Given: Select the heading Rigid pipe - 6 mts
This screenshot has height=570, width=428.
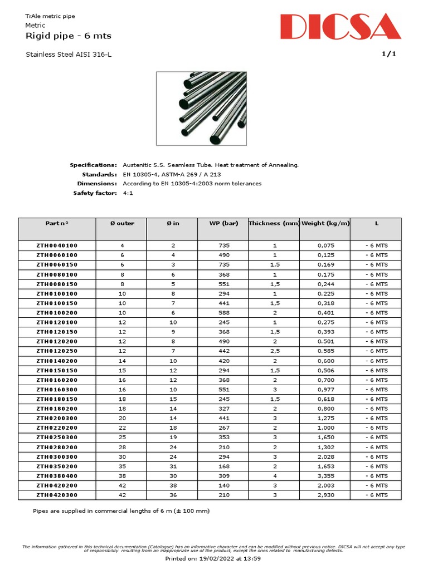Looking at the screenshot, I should click(x=69, y=36).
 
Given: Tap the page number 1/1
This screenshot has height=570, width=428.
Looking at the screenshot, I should click(x=388, y=54).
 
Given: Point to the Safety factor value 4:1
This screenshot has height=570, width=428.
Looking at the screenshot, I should click(x=128, y=193).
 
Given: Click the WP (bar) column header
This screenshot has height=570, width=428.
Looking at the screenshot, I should click(x=223, y=223).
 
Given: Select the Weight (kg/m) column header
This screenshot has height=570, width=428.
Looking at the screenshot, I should click(x=325, y=223).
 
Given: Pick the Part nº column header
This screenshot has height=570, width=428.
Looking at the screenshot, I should click(x=57, y=223).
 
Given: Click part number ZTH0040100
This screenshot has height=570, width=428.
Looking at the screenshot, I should click(x=57, y=245).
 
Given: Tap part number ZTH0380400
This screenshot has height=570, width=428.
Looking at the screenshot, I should click(x=57, y=476).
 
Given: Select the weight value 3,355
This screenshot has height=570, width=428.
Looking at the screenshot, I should click(x=325, y=476).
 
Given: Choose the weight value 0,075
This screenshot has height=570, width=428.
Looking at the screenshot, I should click(x=325, y=245).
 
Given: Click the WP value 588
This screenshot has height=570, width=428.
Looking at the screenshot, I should click(x=223, y=313).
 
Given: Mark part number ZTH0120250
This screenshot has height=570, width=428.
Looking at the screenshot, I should click(x=57, y=351).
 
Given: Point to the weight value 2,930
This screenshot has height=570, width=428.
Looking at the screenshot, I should click(x=325, y=495).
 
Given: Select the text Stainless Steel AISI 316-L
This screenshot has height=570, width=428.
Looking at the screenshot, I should click(x=72, y=54).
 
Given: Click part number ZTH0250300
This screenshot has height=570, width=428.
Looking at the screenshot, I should click(x=57, y=438).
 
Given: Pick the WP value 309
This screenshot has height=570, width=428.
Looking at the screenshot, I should click(x=223, y=476).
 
